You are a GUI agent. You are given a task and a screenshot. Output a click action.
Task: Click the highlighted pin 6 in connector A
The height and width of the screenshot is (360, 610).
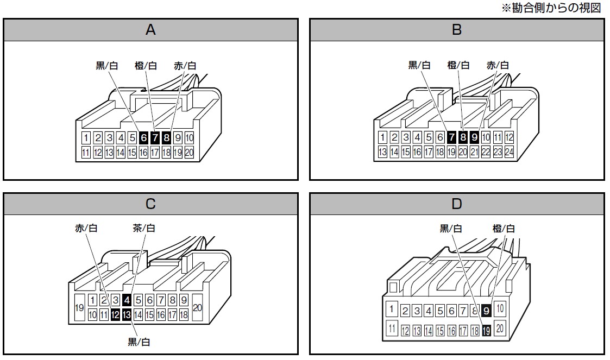click(143, 138)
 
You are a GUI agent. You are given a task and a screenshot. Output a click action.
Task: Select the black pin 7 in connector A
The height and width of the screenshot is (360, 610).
click(155, 138)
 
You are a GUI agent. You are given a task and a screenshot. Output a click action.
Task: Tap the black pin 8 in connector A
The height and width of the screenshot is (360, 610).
click(166, 138)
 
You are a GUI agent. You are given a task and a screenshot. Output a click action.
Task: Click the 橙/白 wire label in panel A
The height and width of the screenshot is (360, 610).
click(146, 66)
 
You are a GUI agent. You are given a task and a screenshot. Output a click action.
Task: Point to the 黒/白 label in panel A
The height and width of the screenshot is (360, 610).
click(106, 66)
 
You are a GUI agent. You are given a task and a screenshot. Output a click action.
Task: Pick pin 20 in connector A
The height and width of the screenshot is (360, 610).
click(189, 153)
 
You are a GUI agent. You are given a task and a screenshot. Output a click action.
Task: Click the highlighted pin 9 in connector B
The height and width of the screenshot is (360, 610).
click(474, 137)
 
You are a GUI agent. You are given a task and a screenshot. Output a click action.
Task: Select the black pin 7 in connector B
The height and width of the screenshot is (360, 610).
click(451, 137)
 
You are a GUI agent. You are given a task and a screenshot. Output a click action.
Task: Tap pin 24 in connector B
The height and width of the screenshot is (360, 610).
click(508, 152)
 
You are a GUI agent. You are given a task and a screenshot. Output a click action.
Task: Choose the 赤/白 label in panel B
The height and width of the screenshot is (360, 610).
click(498, 66)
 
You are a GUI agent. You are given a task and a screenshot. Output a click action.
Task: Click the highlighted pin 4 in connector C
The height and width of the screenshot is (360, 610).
click(127, 300)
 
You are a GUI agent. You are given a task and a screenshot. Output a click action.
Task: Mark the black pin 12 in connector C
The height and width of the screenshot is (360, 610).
click(115, 314)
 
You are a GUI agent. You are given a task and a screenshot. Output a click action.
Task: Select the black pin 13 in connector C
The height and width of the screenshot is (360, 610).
click(127, 314)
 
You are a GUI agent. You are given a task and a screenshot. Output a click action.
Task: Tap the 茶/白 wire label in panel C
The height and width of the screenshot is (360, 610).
click(144, 228)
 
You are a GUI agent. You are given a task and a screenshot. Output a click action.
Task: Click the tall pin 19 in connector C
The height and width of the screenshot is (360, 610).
click(79, 307)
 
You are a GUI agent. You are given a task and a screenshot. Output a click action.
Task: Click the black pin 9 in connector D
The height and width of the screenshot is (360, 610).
click(486, 311)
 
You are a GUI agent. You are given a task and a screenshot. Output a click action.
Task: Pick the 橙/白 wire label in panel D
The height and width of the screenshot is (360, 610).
click(504, 229)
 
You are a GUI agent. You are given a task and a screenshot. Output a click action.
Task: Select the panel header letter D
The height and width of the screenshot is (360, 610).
click(456, 204)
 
